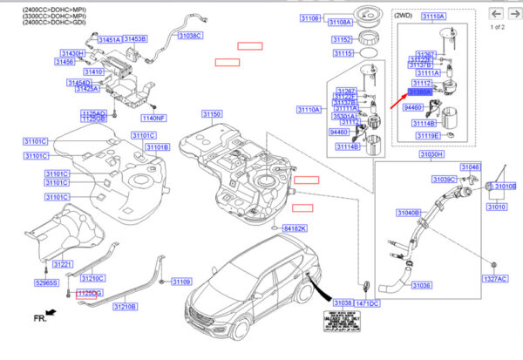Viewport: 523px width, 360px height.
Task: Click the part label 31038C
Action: tap(190, 36)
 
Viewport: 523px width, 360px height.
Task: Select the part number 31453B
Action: tap(135, 39)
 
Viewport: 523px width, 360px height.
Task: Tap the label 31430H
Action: tap(71, 53)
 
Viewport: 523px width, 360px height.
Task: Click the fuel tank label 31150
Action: tap(213, 114)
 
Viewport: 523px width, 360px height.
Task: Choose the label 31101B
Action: tap(157, 147)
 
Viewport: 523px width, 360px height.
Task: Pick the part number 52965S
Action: tap(46, 283)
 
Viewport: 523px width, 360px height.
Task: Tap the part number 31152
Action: tap(342, 39)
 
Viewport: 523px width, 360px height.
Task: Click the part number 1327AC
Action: tap(495, 280)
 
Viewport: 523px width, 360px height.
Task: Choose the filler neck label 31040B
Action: tap(409, 212)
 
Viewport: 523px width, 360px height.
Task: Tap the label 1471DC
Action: tap(367, 302)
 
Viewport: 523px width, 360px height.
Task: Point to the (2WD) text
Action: tap(404, 16)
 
